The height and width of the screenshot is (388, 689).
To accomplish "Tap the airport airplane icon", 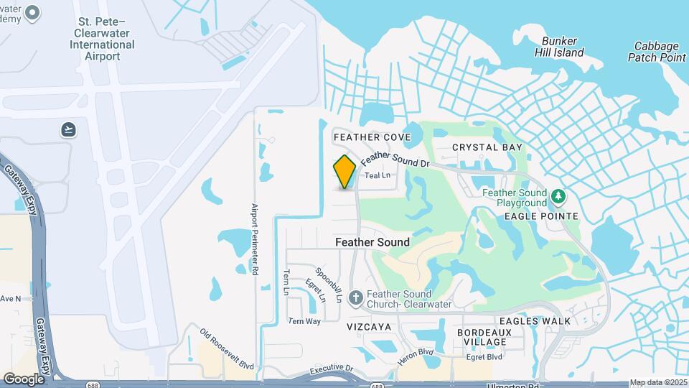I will (x=68, y=129).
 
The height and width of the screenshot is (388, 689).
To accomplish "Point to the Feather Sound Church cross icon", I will (x=355, y=297).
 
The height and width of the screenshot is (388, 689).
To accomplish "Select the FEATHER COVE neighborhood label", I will (x=372, y=137).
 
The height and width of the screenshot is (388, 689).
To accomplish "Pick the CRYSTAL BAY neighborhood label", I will (x=487, y=147).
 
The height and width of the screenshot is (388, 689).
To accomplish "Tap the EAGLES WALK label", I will (x=535, y=321).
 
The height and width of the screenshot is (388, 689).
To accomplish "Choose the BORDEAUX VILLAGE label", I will (x=484, y=337).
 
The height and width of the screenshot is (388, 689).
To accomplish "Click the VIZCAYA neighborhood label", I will (x=369, y=326).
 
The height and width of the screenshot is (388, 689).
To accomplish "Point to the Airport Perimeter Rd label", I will (x=254, y=240).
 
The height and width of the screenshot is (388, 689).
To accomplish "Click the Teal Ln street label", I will (x=378, y=175).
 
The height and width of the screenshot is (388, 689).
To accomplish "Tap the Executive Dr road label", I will (x=332, y=369).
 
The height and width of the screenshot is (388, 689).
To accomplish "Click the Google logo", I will (x=24, y=379).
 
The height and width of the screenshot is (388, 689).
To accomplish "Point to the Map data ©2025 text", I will (x=658, y=382).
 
